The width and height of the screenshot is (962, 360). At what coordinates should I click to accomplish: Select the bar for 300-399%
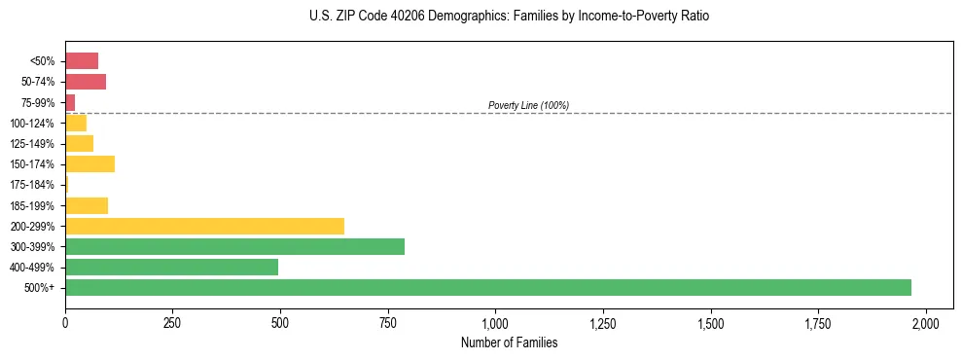click(234, 246)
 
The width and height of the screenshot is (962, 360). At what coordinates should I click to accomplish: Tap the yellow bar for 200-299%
click(204, 226)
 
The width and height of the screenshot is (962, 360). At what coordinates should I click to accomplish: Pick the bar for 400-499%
click(171, 267)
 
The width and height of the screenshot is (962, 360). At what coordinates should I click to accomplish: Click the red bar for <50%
click(82, 61)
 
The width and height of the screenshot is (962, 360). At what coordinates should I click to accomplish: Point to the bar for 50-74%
click(86, 82)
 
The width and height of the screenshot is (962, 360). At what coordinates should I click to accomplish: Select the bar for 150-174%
click(89, 163)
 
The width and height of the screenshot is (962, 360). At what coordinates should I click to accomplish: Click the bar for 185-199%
click(87, 205)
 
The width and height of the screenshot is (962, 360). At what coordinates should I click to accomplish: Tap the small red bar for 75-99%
click(70, 102)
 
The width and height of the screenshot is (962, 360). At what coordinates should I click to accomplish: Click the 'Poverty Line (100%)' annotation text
click(528, 105)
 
